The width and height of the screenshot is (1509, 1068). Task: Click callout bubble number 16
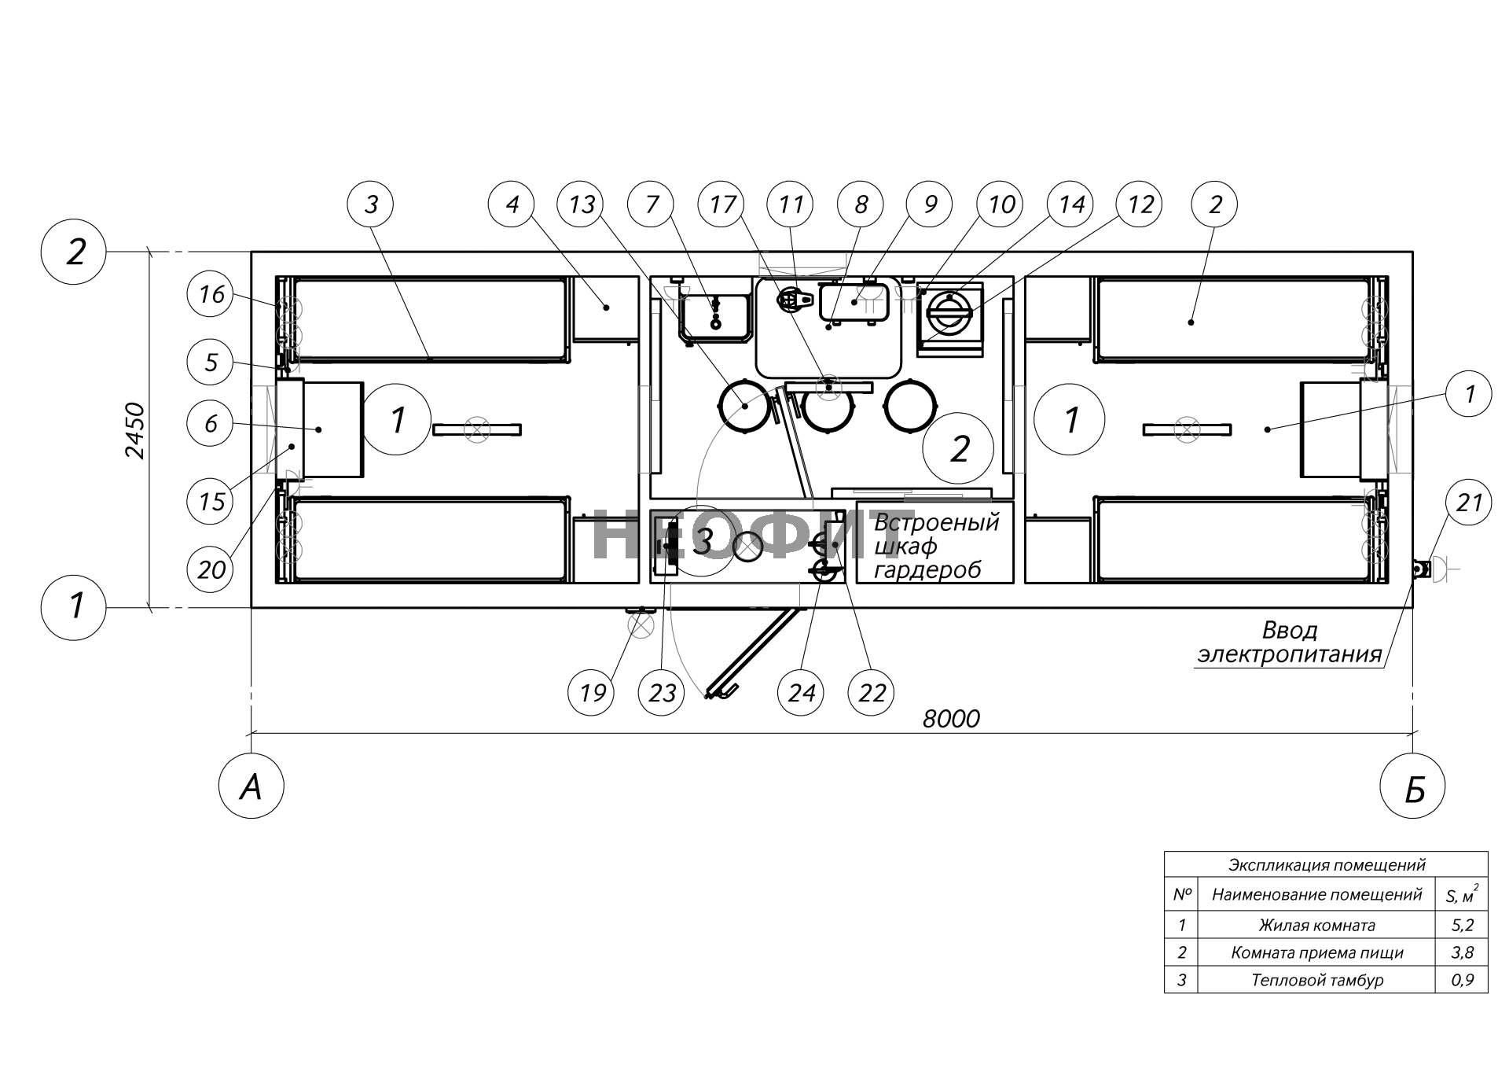coord(211,294)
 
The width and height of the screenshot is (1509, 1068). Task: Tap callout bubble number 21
coord(1469,502)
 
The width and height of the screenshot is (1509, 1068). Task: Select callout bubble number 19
coord(592,692)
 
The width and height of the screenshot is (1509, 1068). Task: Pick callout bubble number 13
coord(582,204)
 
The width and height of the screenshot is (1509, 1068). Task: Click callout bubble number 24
coord(801,692)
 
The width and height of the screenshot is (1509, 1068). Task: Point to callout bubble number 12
coord(1141,204)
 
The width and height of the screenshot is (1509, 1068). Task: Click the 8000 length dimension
coord(951,718)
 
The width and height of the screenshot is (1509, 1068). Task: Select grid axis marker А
coord(251,786)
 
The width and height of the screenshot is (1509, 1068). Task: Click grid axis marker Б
coord(1413,786)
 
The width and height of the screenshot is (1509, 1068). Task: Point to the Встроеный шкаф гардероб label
coord(935,545)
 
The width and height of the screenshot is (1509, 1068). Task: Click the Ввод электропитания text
coord(1289,642)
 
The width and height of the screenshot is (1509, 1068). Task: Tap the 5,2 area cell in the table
coord(1462,925)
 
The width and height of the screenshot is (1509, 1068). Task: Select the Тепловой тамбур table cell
coord(1317,980)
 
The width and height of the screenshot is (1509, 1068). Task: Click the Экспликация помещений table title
coord(1326,865)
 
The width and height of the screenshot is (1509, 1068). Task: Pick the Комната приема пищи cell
coord(1317,952)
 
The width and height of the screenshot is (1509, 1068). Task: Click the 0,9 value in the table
coord(1462,980)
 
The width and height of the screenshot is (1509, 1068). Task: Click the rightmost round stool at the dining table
coord(910,406)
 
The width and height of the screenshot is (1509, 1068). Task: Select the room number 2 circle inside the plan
coord(959,449)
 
